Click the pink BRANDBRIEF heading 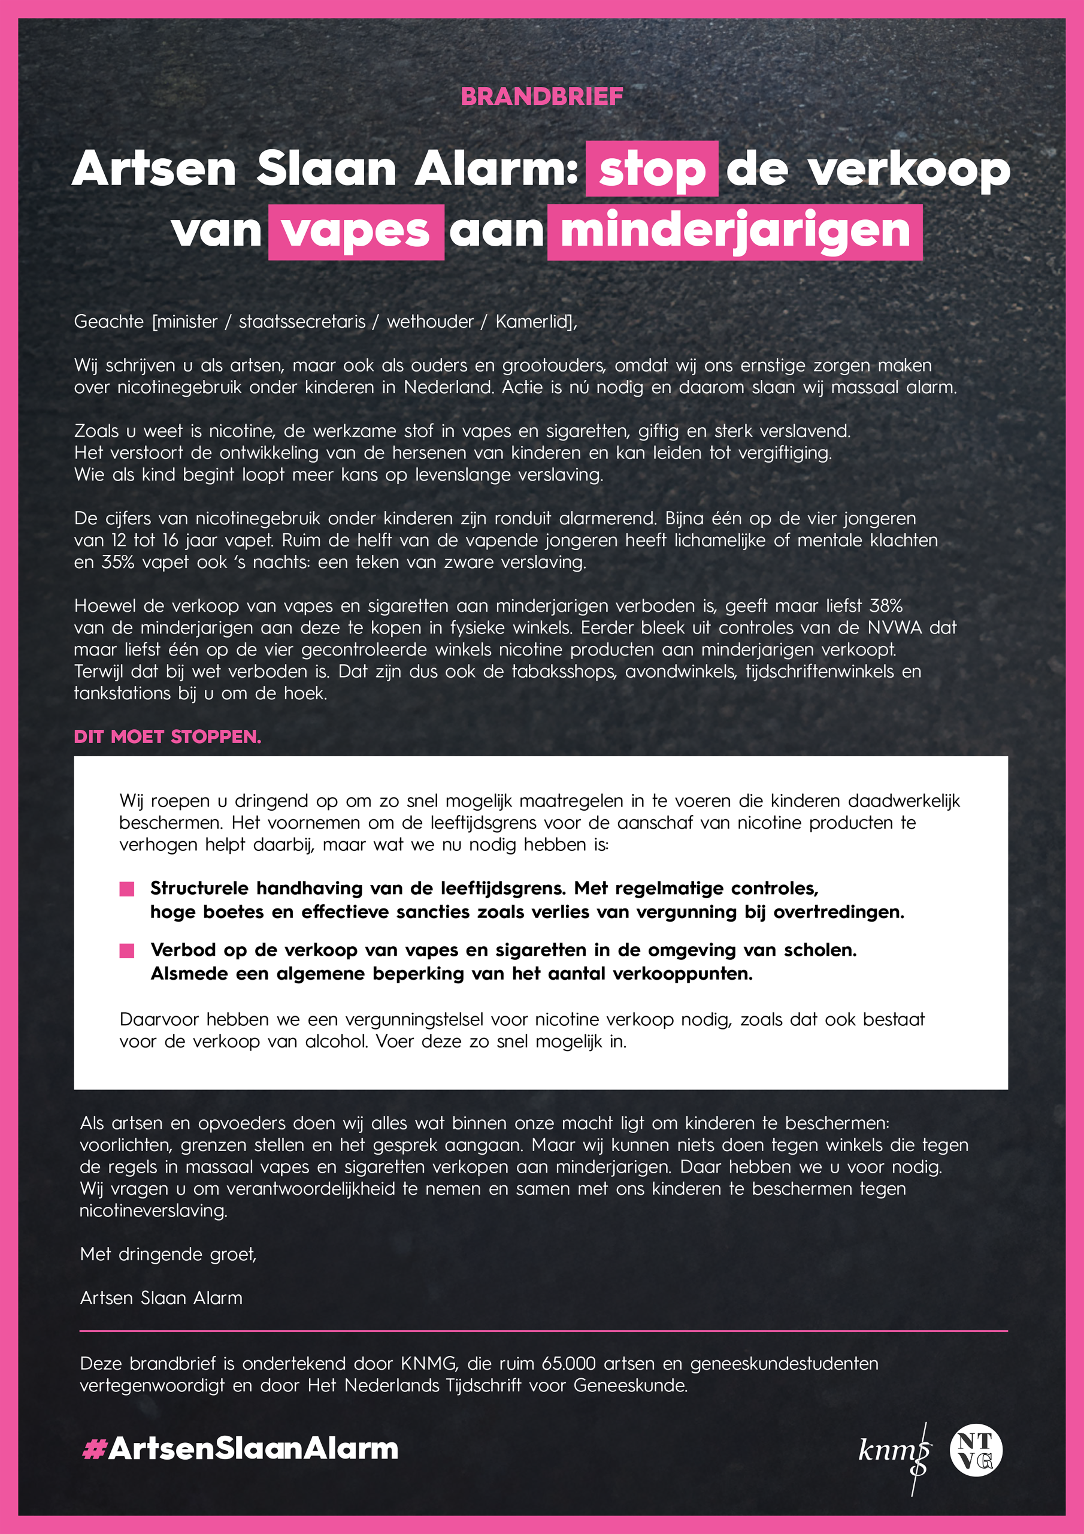[x=541, y=97]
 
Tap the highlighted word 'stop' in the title [x=651, y=170]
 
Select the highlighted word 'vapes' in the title [x=356, y=232]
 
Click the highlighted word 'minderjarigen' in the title [x=735, y=232]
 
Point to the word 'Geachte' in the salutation [x=108, y=321]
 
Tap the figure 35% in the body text [x=117, y=562]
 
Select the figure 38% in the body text [x=886, y=606]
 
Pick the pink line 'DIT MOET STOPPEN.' [x=167, y=736]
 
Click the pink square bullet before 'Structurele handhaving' [x=127, y=889]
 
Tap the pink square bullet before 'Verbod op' [x=127, y=950]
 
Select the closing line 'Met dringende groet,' [x=168, y=1254]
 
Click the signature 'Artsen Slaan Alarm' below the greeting [x=161, y=1297]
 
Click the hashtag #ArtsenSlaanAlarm [x=240, y=1448]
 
